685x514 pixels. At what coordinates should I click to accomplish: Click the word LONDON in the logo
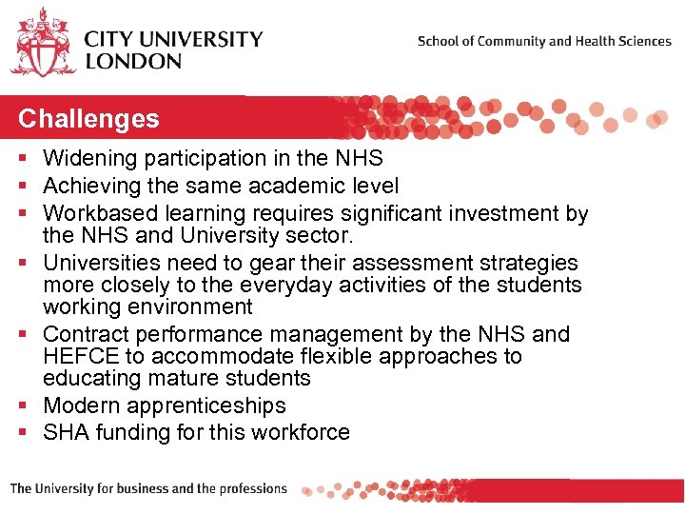[x=132, y=61]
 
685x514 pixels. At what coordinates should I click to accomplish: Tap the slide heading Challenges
[x=88, y=119]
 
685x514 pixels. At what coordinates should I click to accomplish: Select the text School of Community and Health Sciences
[x=544, y=41]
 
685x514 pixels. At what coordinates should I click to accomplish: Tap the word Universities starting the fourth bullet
[x=98, y=262]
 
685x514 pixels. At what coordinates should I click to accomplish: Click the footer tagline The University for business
[x=148, y=489]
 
